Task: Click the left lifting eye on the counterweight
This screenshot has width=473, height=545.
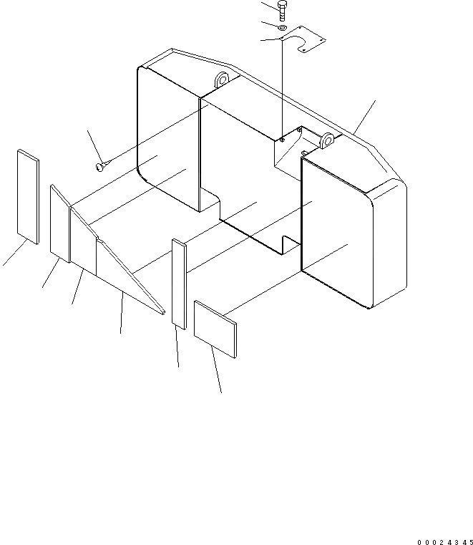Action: click(219, 79)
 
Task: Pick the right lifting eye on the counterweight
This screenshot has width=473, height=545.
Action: click(328, 140)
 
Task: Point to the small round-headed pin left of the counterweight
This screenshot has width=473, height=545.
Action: click(100, 167)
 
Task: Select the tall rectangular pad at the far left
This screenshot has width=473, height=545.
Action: click(29, 197)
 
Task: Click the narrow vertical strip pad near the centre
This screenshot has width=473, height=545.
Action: click(179, 284)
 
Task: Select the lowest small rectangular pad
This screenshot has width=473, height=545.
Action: click(215, 329)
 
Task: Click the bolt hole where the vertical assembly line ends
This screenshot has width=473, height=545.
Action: click(283, 140)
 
